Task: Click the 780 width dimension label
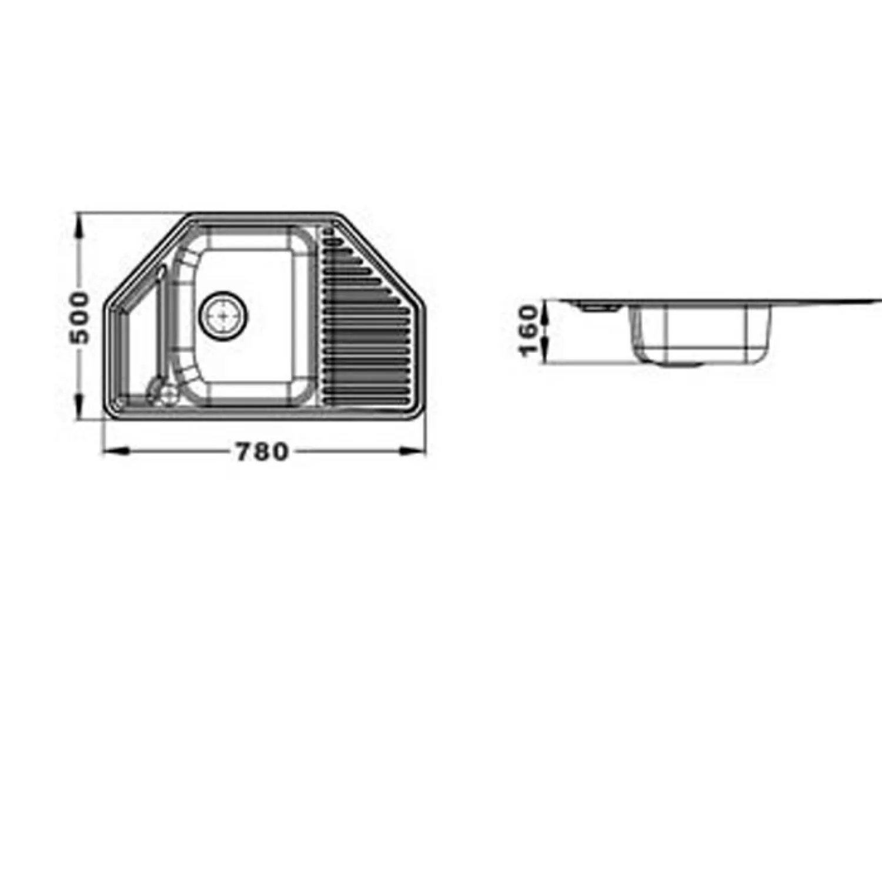tap(262, 451)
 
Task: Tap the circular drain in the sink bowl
tap(223, 315)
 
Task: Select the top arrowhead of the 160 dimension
tap(547, 308)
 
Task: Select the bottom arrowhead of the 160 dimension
tap(547, 355)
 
